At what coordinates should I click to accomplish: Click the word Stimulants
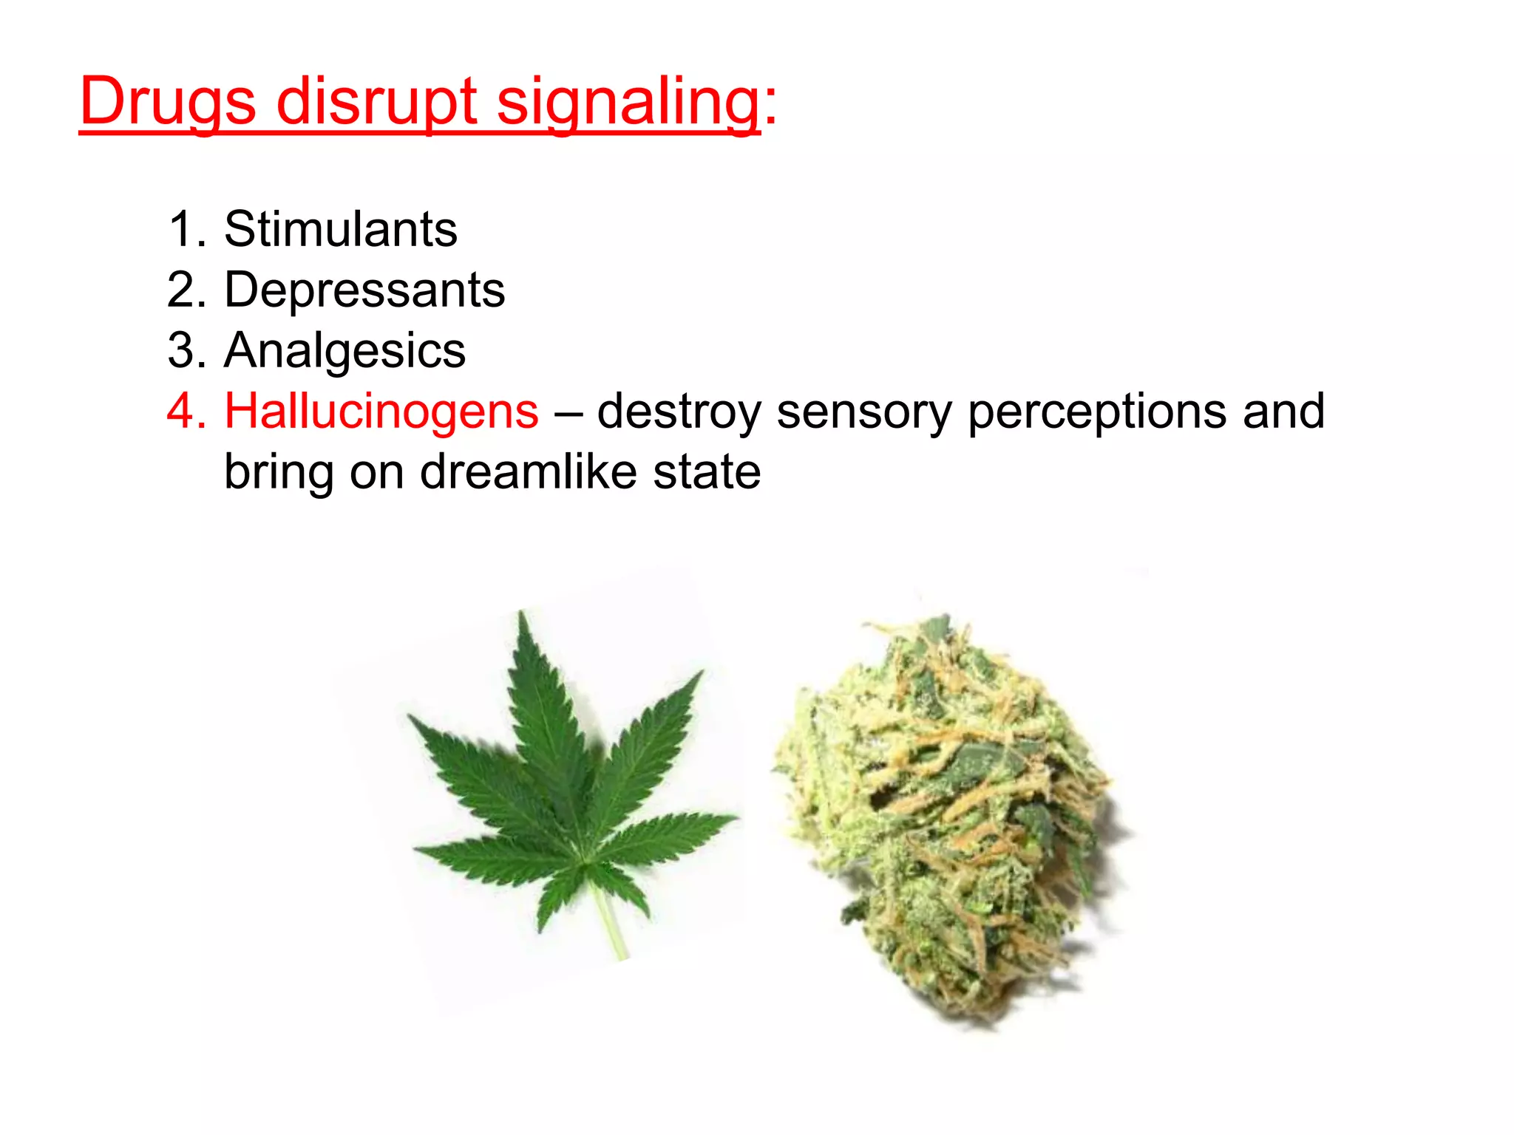[x=341, y=229]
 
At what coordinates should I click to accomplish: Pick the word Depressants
[x=364, y=290]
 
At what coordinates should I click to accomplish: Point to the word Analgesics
[x=344, y=350]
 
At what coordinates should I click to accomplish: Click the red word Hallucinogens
[x=381, y=411]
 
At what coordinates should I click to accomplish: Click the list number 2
[x=182, y=290]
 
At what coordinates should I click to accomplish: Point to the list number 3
[x=182, y=350]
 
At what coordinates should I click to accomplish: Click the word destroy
[x=679, y=412]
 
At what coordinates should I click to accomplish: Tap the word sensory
[x=864, y=412]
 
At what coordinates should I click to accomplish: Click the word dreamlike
[x=528, y=473]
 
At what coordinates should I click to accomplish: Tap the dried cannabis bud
[x=946, y=813]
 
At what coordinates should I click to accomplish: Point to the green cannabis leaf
[x=562, y=776]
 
